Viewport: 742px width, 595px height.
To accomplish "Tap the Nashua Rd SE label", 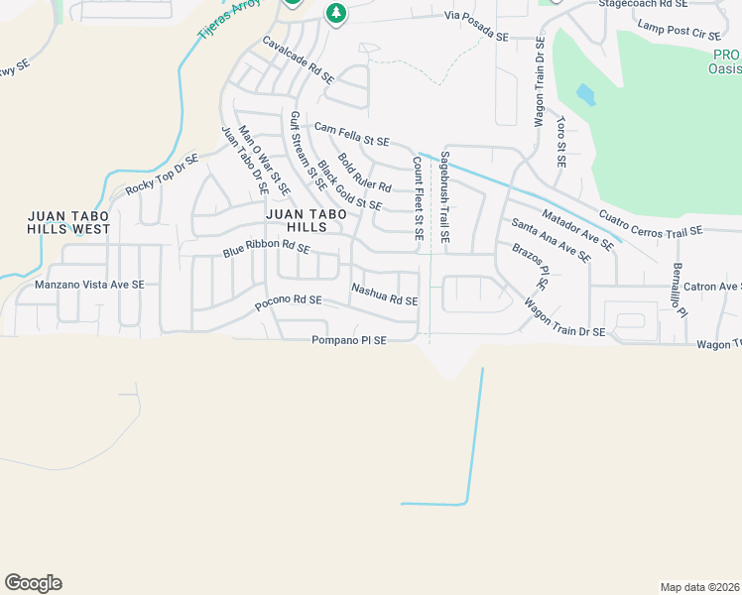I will click(x=384, y=295).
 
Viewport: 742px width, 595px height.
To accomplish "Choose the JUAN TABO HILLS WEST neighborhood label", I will click(x=68, y=222).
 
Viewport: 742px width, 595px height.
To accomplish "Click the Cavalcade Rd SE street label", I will click(x=298, y=59).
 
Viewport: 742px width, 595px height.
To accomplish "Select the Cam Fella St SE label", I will click(x=352, y=134).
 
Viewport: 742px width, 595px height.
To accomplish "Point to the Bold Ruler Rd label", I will click(x=364, y=173).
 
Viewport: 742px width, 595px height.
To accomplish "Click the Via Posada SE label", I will click(x=476, y=26).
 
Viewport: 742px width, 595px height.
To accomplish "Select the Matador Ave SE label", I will click(x=577, y=228).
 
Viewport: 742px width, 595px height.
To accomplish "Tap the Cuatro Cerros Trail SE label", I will click(x=650, y=223).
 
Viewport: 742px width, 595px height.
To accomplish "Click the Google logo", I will click(x=33, y=583).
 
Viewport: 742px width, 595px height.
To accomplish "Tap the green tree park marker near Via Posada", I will click(x=336, y=13).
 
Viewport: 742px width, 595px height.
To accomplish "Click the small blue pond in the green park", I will click(x=585, y=95).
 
